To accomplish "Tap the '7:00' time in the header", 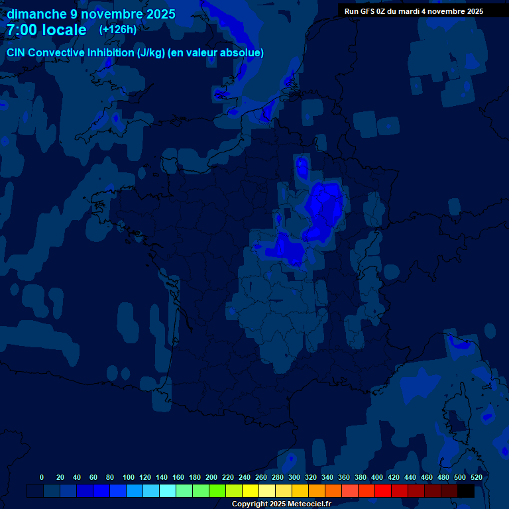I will [x=22, y=30].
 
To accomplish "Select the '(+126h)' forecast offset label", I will [x=118, y=29].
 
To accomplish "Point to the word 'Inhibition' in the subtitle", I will [x=111, y=52].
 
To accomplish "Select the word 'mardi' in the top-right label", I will [x=410, y=11].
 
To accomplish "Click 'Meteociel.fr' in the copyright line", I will [x=310, y=504].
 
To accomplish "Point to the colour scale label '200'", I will [x=211, y=477].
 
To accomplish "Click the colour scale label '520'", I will [x=476, y=477].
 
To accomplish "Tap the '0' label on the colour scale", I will [x=42, y=477].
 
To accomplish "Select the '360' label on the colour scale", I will [x=344, y=477].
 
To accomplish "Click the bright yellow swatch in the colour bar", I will [x=251, y=491].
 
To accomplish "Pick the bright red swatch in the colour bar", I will [x=383, y=491].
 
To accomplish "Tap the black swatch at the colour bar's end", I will [x=466, y=491].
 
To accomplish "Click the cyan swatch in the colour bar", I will [x=168, y=491].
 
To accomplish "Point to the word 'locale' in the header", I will [x=64, y=30].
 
